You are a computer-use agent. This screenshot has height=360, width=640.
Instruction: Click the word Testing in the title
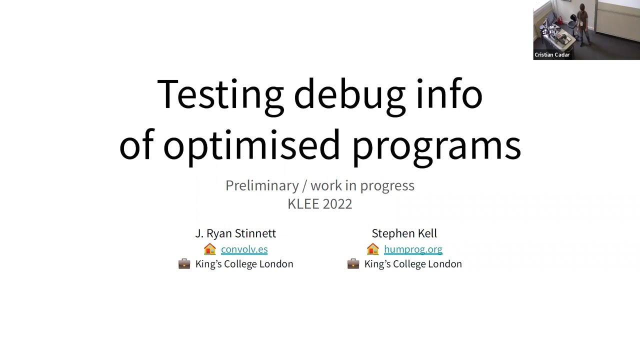[x=220, y=94]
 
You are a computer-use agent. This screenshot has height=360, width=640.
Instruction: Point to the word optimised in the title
[x=251, y=145]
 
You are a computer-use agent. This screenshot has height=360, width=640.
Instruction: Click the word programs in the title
[x=436, y=145]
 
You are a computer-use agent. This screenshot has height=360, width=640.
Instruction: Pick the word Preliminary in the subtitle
[x=262, y=185]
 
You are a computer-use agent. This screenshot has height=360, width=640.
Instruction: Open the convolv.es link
[x=244, y=249]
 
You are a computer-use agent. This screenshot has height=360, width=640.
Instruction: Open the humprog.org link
[x=413, y=249]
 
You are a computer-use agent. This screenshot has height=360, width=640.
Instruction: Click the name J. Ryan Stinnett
[x=235, y=233]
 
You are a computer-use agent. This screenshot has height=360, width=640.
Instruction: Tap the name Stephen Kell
[x=404, y=233]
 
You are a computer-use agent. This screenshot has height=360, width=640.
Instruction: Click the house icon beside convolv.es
[x=210, y=249]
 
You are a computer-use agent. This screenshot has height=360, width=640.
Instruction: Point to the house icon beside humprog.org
[x=373, y=249]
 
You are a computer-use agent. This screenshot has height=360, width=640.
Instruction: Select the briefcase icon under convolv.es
[x=184, y=264]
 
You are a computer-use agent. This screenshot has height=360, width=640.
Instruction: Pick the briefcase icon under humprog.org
[x=353, y=264]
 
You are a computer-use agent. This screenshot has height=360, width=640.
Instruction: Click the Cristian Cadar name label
[x=552, y=55]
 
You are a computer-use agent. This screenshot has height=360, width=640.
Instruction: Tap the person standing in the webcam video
[x=582, y=22]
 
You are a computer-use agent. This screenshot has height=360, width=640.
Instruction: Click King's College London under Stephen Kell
[x=413, y=264]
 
